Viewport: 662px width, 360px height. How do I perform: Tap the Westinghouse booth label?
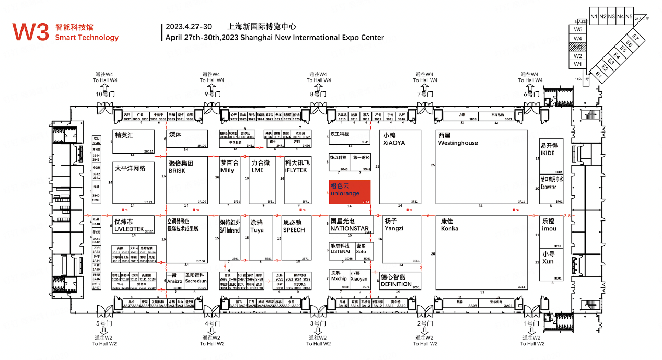click(458, 143)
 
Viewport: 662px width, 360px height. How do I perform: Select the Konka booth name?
click(449, 228)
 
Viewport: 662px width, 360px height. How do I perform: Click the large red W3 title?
click(31, 32)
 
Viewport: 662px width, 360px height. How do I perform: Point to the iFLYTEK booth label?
click(297, 170)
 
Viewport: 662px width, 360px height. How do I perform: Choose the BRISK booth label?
click(177, 170)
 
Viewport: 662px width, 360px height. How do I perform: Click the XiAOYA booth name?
click(394, 143)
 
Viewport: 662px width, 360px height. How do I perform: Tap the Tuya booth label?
click(257, 230)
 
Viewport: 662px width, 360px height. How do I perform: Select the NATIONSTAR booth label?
click(350, 228)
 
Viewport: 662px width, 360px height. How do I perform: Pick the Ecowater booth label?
click(549, 187)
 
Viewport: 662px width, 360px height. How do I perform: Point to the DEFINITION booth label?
click(396, 284)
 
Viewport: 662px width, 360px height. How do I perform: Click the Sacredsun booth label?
click(196, 281)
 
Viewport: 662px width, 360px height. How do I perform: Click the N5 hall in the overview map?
click(629, 17)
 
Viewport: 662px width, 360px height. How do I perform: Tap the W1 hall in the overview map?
click(578, 64)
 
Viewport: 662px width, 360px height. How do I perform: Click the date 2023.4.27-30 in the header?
click(189, 27)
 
